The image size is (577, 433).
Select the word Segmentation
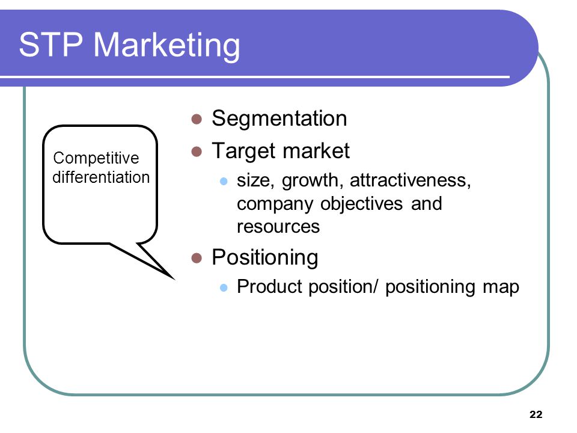coord(279,119)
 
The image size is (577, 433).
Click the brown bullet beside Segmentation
coord(197,119)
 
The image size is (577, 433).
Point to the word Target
coord(243,151)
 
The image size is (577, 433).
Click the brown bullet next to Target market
coord(197,152)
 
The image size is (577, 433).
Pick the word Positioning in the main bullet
coord(265,258)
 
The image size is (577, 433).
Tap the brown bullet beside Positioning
coord(197,258)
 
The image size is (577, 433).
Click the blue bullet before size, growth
coord(224,181)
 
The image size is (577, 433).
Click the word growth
coord(313,182)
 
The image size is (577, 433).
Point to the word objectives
coord(361,204)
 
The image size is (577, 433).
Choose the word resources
coord(278,227)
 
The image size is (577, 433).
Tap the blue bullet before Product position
coord(224,287)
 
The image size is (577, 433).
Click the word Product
coord(270,286)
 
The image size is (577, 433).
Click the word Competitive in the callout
coord(96,159)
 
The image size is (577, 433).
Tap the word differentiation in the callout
coord(101,177)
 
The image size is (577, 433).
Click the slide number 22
coord(536,414)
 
